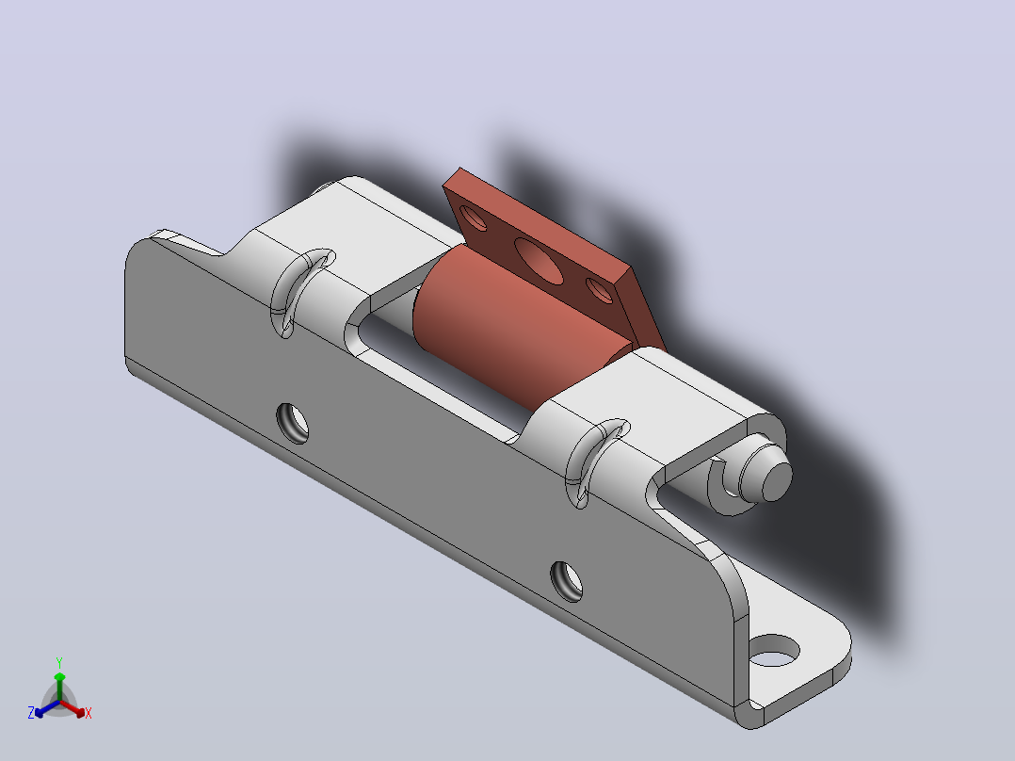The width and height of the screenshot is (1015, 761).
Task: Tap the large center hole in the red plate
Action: tap(539, 260)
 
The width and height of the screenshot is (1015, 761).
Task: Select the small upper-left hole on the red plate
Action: tap(474, 218)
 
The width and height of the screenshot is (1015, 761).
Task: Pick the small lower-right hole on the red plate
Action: tap(600, 289)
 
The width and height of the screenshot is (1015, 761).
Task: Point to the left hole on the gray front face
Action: tap(293, 423)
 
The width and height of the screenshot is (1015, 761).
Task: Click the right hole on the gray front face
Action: tap(567, 582)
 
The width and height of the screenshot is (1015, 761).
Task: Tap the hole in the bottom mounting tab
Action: tap(774, 650)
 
